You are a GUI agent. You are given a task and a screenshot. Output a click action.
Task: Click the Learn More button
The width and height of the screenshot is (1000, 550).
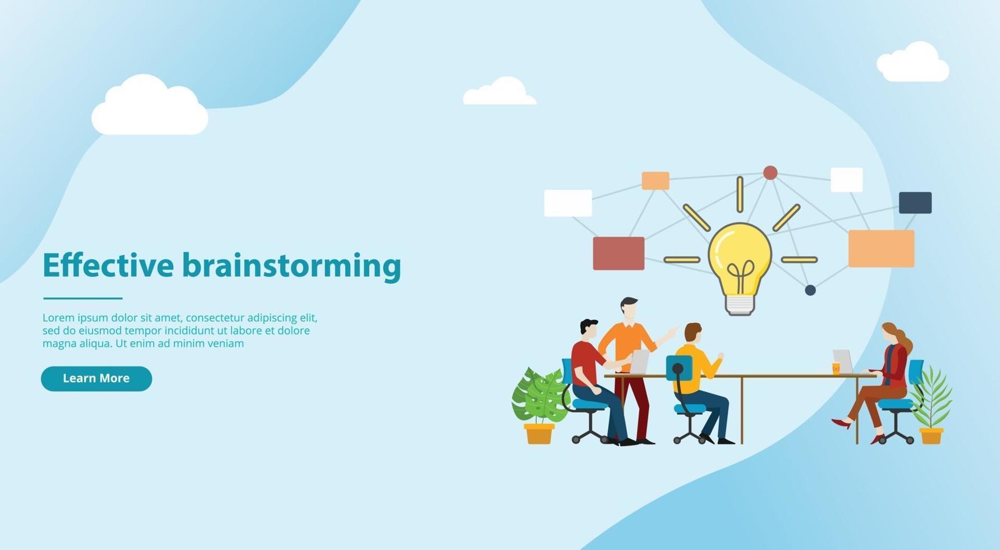pos(97,379)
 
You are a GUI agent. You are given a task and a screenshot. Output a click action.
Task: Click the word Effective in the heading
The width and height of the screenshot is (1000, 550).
pos(108,265)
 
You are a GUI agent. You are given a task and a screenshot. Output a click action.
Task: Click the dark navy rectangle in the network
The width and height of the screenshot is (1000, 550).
pos(915,203)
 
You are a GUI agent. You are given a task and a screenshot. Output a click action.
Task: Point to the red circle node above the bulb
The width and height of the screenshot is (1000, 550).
pos(770,173)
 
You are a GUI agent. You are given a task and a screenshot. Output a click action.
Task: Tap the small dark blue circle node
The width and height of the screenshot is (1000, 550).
pos(810,290)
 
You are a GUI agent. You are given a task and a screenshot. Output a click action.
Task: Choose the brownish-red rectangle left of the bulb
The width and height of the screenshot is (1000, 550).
pos(618,253)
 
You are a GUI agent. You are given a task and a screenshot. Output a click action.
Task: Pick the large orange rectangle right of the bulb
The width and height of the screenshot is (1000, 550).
pos(881,249)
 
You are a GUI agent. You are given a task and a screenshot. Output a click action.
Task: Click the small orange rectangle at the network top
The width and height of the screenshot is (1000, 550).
pos(655,181)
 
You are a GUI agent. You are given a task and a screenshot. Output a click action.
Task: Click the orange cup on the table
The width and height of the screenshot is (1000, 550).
pos(836,368)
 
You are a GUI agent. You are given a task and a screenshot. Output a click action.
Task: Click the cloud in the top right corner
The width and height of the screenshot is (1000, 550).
pos(913,62)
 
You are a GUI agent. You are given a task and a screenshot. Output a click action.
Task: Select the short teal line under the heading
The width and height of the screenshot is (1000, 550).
pos(82,298)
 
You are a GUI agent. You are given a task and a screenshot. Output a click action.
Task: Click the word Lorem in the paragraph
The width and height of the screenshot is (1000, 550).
pos(58,318)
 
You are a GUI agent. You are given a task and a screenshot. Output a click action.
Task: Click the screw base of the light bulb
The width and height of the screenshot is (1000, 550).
pos(740,305)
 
